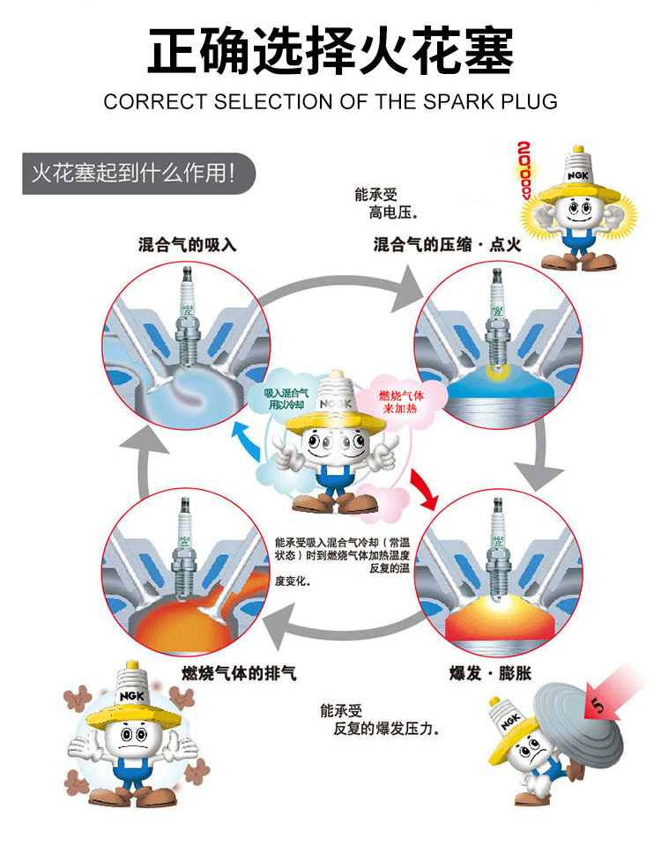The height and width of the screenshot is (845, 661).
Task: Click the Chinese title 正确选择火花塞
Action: tap(330, 51)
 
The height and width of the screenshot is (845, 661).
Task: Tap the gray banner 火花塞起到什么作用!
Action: tap(132, 171)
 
